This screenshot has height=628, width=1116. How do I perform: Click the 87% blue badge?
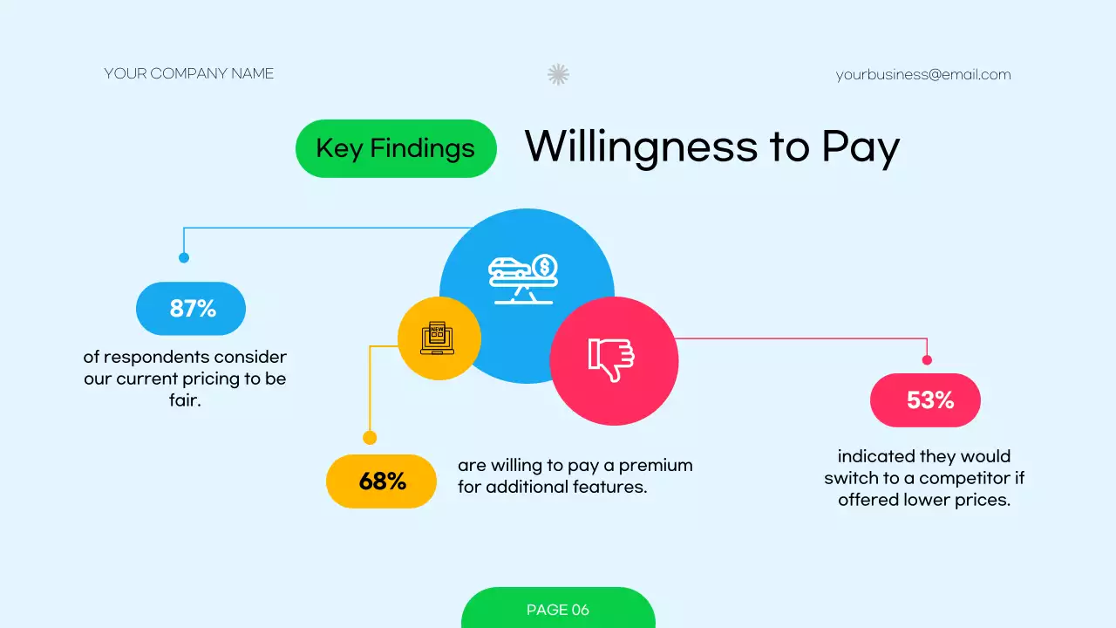191,309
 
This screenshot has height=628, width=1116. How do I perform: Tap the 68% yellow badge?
381,481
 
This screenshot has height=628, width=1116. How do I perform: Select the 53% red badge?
925,400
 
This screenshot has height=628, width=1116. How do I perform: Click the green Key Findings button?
396,148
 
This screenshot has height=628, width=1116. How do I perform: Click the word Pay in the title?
860,148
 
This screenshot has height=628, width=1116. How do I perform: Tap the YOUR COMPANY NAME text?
189,74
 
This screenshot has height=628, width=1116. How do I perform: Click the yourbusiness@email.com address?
923,75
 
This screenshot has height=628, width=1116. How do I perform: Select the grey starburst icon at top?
558,74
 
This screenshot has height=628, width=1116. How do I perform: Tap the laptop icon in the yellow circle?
438,338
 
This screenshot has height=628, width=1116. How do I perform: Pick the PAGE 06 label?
558,610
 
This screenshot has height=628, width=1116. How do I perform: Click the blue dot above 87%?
184,257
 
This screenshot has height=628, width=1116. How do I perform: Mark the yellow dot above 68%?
370,438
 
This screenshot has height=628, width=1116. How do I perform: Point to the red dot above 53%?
927,359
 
